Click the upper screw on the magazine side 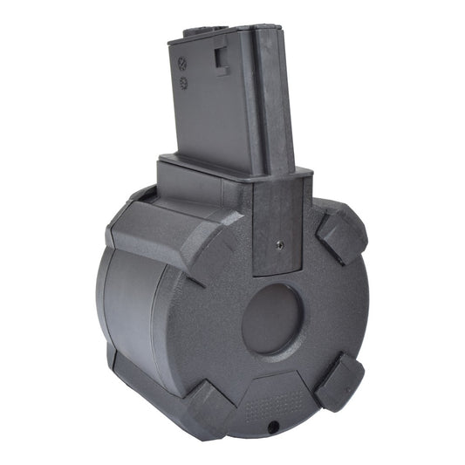(182, 64)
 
